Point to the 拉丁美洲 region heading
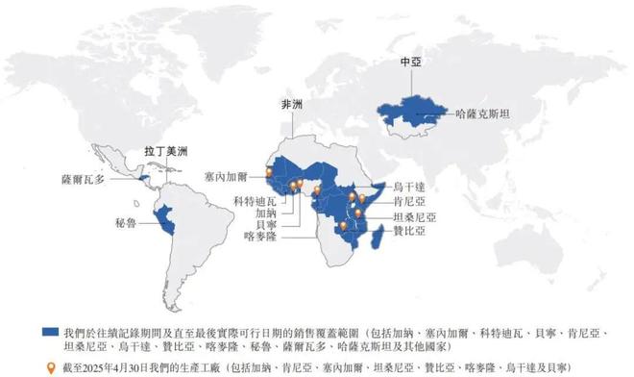pyautogui.click(x=166, y=151)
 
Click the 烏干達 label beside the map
pyautogui.click(x=411, y=186)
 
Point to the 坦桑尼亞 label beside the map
pyautogui.click(x=416, y=217)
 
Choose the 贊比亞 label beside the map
pyautogui.click(x=410, y=232)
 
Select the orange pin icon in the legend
pyautogui.click(x=52, y=366)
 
